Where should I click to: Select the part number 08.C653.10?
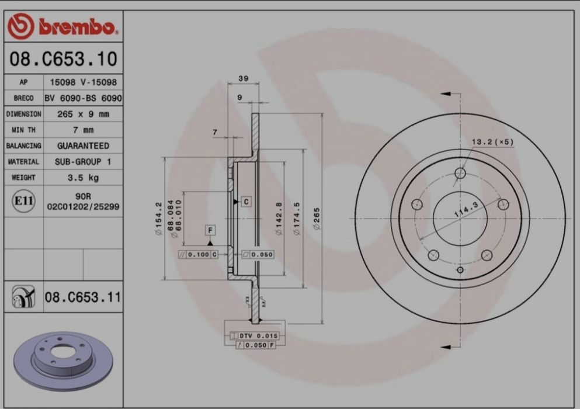(x=63, y=59)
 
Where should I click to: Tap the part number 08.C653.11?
(x=82, y=298)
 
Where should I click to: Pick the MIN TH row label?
(x=23, y=130)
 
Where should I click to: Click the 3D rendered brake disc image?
(x=61, y=360)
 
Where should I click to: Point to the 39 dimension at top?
(x=242, y=78)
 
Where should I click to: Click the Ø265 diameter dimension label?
(x=316, y=219)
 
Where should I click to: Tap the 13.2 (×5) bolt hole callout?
(x=491, y=142)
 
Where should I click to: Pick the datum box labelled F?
(x=210, y=230)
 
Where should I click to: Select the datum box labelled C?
(x=246, y=202)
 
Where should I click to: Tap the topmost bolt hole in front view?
(x=460, y=173)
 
